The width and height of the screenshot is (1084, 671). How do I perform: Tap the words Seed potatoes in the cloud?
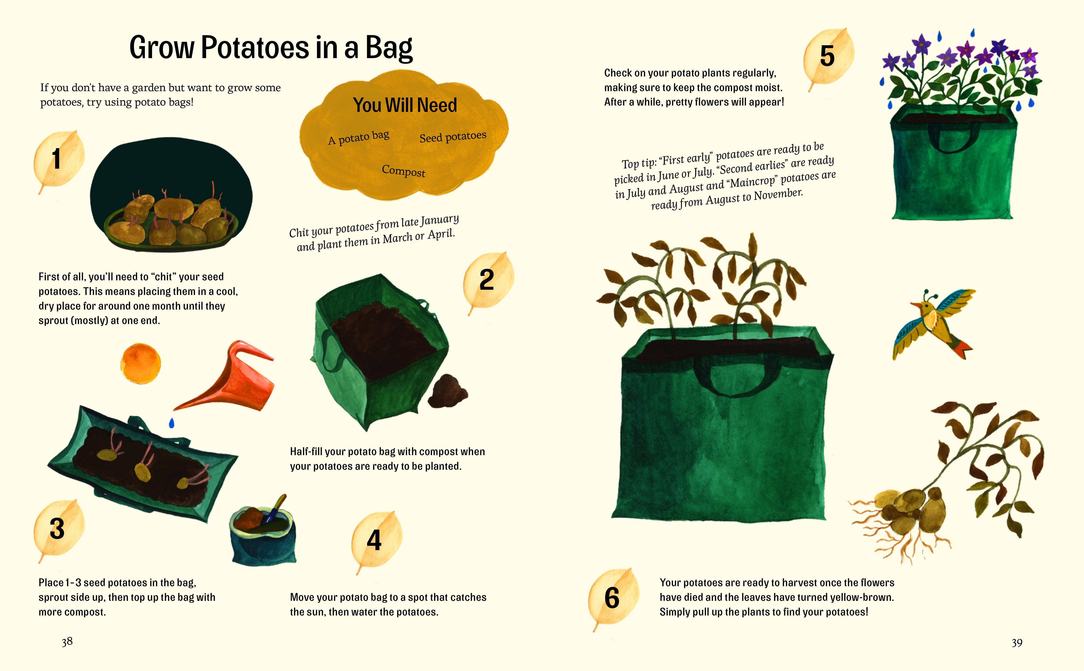click(x=453, y=136)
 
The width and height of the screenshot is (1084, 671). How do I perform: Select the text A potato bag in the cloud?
click(x=359, y=138)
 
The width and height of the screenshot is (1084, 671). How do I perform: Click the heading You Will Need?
click(x=405, y=105)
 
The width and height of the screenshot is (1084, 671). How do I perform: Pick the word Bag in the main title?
click(x=389, y=48)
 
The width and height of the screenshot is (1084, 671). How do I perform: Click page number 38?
click(x=67, y=641)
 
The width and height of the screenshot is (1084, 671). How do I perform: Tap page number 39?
click(x=1017, y=643)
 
